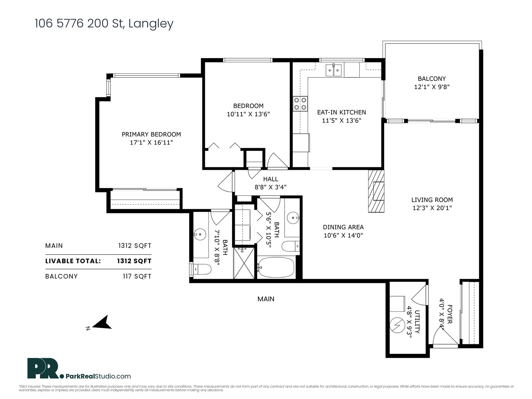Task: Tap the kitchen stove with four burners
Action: pyautogui.click(x=300, y=104)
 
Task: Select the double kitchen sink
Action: pyautogui.click(x=333, y=70)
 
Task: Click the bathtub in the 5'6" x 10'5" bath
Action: pyautogui.click(x=276, y=267)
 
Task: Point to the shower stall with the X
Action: pyautogui.click(x=244, y=263)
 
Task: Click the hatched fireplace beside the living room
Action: pyautogui.click(x=376, y=191)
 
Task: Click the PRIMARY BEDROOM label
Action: pyautogui.click(x=151, y=134)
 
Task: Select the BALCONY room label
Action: pyautogui.click(x=432, y=79)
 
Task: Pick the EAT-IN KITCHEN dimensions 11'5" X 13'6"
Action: pyautogui.click(x=341, y=120)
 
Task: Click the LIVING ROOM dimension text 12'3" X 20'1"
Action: pyautogui.click(x=432, y=208)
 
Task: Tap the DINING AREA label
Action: pyautogui.click(x=343, y=227)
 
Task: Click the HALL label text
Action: pyautogui.click(x=271, y=179)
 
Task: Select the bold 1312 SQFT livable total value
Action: pyautogui.click(x=134, y=261)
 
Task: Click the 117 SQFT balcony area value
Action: pyautogui.click(x=137, y=276)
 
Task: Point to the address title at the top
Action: pyautogui.click(x=104, y=24)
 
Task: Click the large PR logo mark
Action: pyautogui.click(x=43, y=368)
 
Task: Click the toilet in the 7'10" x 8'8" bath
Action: pyautogui.click(x=201, y=269)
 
